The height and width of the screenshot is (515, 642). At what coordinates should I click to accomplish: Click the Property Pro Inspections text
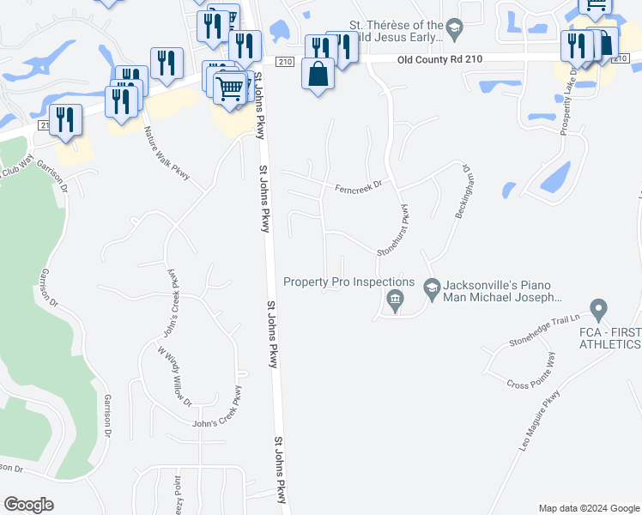point(348,282)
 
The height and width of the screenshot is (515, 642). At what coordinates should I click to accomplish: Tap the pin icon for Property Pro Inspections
point(395,300)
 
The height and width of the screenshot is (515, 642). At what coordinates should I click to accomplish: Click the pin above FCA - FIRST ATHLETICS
point(598,308)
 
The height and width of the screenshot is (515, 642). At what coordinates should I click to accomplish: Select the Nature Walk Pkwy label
point(167,152)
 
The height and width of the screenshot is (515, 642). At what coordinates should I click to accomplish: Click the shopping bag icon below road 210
point(318,75)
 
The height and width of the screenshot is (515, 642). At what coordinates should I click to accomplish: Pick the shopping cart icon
point(229,88)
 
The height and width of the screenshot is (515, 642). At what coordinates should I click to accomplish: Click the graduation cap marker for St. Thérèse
point(454,32)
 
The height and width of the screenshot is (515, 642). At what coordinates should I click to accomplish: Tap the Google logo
point(28,505)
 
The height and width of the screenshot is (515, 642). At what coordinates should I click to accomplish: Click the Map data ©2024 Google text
point(589,508)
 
